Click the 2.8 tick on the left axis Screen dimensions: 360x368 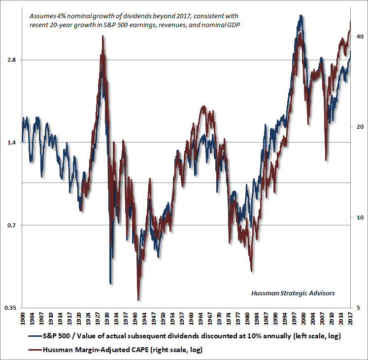(x=11, y=60)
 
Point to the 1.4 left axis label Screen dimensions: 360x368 (x=11, y=143)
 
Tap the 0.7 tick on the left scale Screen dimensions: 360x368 (x=11, y=225)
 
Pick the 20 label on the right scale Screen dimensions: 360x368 (x=358, y=127)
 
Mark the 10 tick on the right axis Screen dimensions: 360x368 (x=358, y=217)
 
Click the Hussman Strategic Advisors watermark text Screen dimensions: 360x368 (x=293, y=293)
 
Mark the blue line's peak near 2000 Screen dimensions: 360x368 (x=300, y=16)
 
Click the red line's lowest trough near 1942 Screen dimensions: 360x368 (x=138, y=300)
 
